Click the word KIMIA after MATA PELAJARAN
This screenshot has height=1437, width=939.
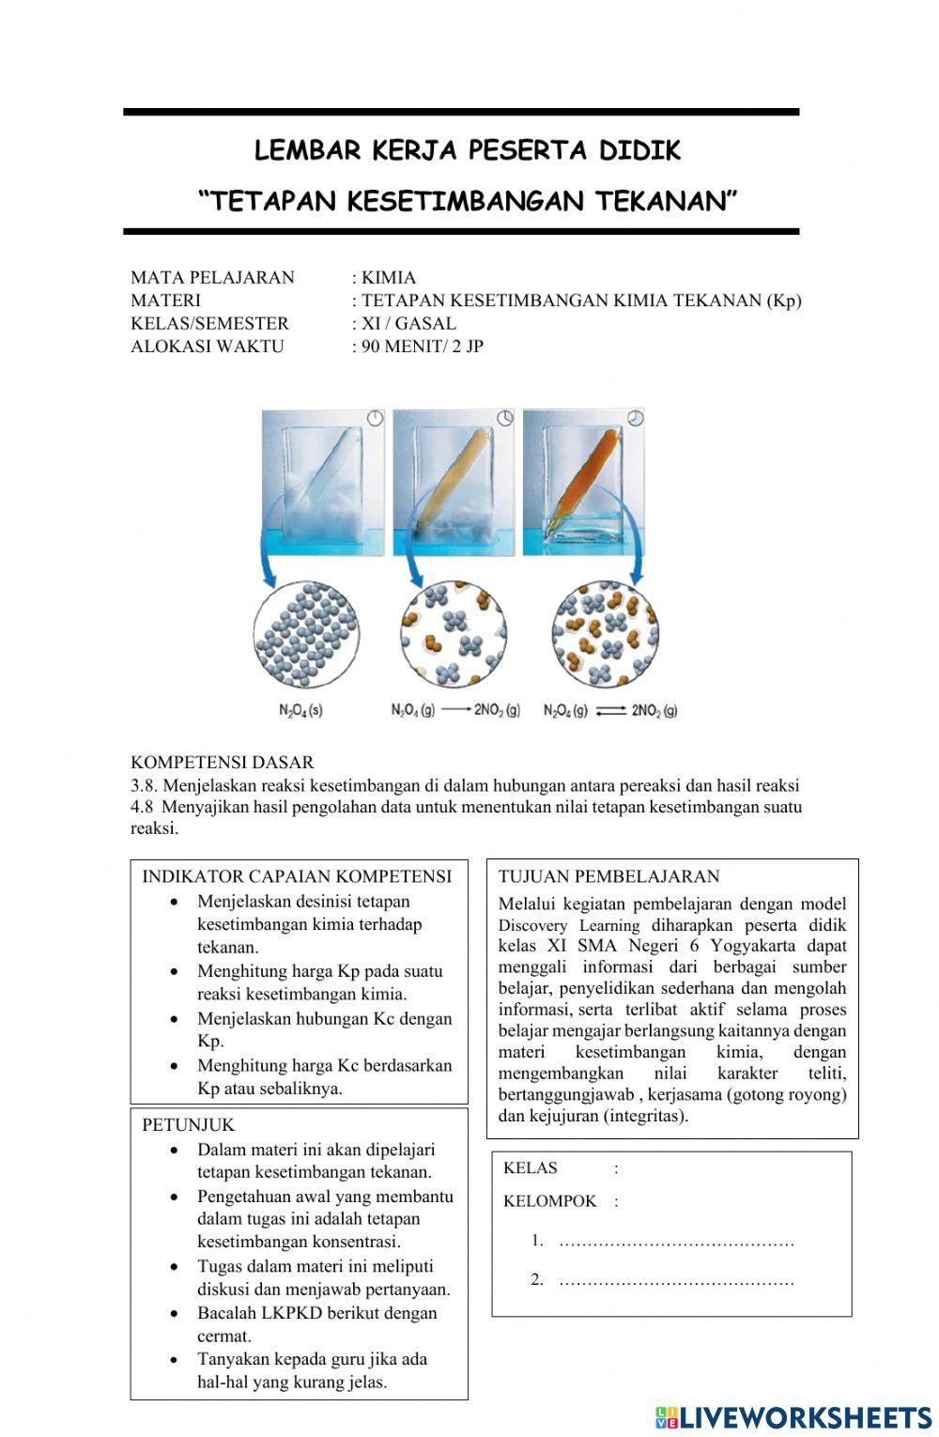click(x=389, y=278)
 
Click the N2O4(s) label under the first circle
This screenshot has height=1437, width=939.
click(x=301, y=711)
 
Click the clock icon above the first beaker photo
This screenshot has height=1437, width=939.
click(x=375, y=419)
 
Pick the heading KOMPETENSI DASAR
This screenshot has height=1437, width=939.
click(x=223, y=763)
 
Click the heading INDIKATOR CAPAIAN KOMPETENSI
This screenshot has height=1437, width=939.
click(x=297, y=876)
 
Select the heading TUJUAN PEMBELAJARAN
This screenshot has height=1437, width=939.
click(x=609, y=876)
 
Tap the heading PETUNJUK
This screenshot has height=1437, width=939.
click(x=189, y=1124)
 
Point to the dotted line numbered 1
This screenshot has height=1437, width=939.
click(x=676, y=1243)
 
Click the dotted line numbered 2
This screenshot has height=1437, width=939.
click(x=676, y=1281)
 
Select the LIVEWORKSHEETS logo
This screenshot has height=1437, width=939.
click(x=793, y=1417)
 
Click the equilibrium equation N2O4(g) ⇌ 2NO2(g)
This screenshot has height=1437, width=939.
click(x=610, y=711)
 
